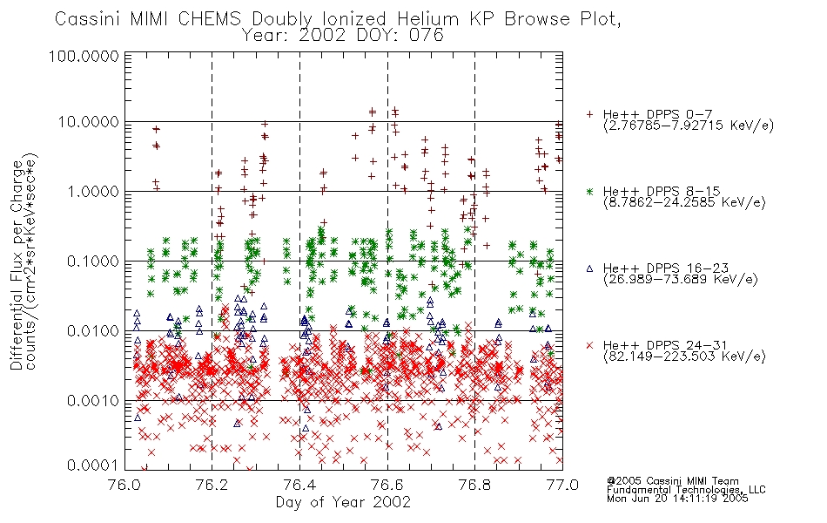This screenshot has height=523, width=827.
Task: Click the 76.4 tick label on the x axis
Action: coord(299,485)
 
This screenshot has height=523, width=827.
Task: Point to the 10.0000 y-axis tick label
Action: coord(89,122)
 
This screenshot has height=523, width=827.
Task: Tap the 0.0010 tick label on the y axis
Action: coord(93,401)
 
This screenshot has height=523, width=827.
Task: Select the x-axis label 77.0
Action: coord(562,485)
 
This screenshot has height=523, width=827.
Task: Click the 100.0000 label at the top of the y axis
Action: coord(84,56)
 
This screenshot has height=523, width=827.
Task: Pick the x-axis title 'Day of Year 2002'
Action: coord(343,502)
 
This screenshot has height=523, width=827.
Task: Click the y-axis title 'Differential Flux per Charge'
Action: coord(17,265)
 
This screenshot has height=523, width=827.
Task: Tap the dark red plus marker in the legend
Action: coord(589,114)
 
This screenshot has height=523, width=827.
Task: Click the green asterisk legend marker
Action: coord(589,191)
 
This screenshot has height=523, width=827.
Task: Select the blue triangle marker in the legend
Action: coord(589,268)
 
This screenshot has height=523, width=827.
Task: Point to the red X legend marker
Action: coord(589,345)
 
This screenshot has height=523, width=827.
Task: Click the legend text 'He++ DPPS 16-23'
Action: coord(666,268)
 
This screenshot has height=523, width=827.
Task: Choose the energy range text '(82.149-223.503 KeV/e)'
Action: coord(684,357)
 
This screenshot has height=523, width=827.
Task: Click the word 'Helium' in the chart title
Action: coord(427,19)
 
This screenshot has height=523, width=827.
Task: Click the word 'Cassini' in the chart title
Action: coord(89,19)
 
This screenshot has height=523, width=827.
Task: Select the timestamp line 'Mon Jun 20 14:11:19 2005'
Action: coord(677,499)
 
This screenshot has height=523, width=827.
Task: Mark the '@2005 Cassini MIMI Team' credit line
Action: coord(672,481)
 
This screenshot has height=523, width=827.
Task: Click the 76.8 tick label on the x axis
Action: coord(474,485)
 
